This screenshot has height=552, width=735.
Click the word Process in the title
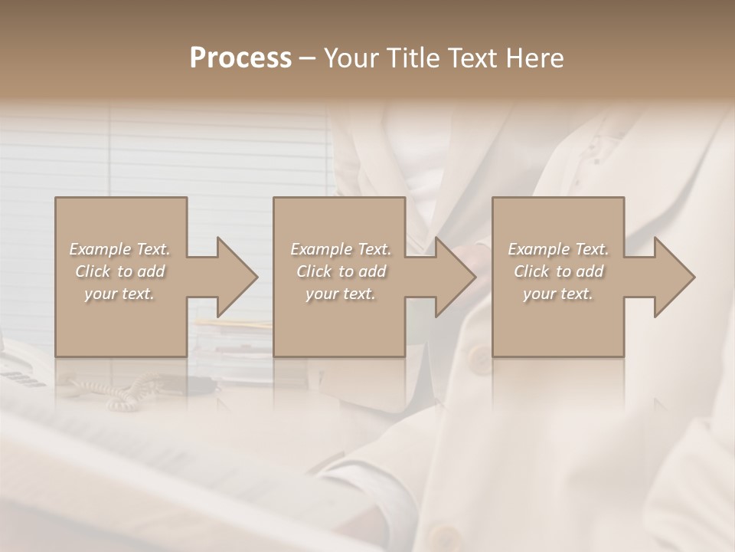240,58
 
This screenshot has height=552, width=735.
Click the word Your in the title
351,58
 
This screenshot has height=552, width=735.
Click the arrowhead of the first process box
234,277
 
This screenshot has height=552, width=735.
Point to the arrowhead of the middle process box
452,277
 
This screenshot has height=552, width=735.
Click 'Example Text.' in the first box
119,249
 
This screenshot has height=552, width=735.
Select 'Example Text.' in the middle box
341,249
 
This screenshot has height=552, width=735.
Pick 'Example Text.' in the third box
558,249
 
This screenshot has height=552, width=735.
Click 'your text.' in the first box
119,294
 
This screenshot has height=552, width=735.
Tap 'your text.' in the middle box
341,294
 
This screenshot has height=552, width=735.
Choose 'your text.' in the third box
558,294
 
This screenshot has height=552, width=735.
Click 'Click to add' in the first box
119,271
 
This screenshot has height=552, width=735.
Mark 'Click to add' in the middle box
341,271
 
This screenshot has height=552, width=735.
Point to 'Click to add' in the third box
558,271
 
